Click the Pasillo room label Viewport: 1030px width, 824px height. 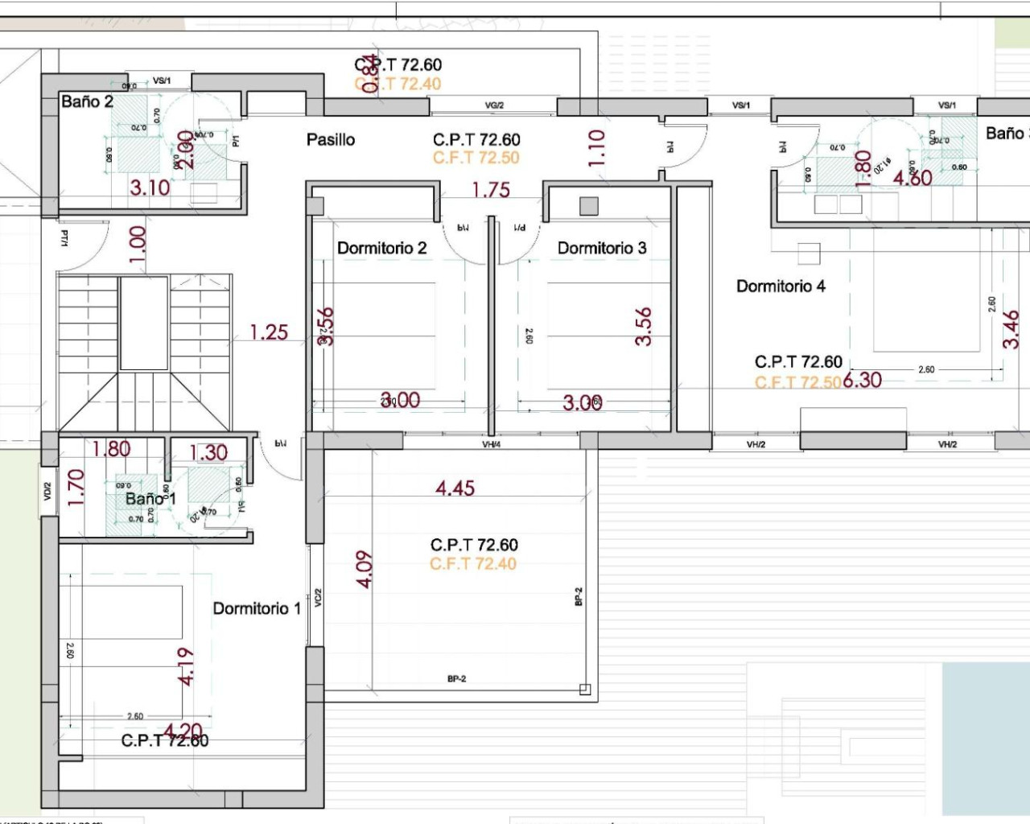point(330,140)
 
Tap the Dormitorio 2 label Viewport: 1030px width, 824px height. point(381,248)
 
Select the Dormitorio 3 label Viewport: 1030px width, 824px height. point(601,248)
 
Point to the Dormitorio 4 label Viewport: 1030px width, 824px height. point(781,286)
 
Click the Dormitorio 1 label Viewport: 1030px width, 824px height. point(256,608)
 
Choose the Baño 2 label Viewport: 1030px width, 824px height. point(87,101)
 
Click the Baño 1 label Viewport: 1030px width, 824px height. point(150,499)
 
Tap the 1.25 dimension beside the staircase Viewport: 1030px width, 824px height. point(268,332)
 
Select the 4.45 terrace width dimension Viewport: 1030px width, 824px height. point(455,488)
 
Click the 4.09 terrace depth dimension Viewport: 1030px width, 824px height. point(365,569)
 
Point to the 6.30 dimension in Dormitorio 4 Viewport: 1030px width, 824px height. point(862,380)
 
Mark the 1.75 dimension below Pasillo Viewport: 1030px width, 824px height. point(490,190)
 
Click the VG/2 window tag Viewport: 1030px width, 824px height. point(494,105)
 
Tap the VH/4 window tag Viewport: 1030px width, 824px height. point(491,444)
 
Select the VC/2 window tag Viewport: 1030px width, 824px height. point(318,597)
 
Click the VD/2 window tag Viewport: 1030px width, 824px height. point(47,491)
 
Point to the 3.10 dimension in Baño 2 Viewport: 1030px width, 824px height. point(150,187)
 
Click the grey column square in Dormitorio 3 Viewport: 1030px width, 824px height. point(589,206)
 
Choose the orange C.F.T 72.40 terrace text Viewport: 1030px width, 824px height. point(473,563)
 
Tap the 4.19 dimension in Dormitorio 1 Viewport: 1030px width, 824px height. point(186,666)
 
